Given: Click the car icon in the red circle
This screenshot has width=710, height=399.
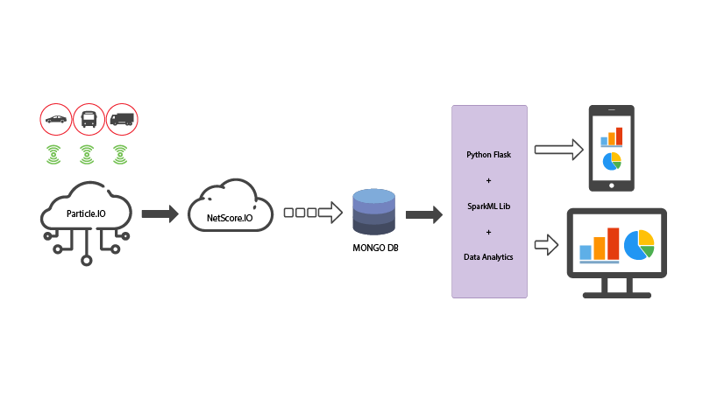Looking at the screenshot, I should [x=55, y=119].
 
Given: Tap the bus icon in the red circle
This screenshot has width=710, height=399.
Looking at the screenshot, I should [x=89, y=119].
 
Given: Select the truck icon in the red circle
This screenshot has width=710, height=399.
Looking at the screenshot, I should [x=122, y=119].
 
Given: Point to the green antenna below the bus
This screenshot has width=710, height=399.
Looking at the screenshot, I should [x=87, y=155].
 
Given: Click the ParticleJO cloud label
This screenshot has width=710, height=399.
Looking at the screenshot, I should [x=87, y=213].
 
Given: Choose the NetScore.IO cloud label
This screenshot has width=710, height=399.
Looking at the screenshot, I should [x=230, y=216].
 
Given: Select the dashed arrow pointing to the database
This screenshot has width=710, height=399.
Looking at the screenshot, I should [x=313, y=212].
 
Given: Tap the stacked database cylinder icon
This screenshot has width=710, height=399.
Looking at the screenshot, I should [x=373, y=211].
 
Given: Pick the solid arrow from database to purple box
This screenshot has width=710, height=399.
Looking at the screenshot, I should [x=423, y=213].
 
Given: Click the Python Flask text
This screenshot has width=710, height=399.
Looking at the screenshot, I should [x=488, y=155].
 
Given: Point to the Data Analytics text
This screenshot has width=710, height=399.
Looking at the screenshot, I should [x=488, y=256].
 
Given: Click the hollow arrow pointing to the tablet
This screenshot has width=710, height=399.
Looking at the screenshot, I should [x=558, y=150].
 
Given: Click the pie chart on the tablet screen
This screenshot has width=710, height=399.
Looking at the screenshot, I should [x=612, y=162].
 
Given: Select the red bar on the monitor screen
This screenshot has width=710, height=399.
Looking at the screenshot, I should [x=614, y=243].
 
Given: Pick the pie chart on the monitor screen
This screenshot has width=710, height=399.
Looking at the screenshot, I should [x=640, y=243].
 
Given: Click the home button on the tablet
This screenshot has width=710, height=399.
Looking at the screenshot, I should [x=612, y=185].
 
